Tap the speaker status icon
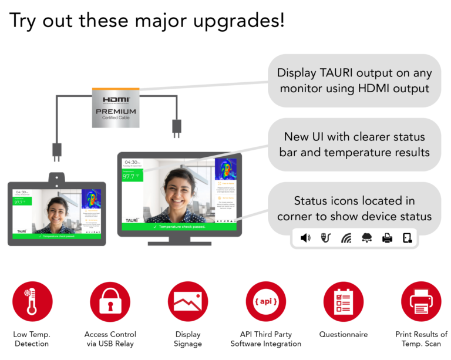(x=305, y=238)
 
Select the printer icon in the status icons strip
(x=387, y=238)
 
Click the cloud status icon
(x=366, y=238)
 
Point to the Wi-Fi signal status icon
(x=346, y=238)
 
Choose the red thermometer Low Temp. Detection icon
(x=32, y=301)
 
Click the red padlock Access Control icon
(x=110, y=301)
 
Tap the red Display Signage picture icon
(x=188, y=301)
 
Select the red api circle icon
(x=266, y=301)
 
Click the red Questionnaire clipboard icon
(x=344, y=301)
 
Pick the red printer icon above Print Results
(x=421, y=301)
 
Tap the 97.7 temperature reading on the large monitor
(x=129, y=176)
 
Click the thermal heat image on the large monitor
(x=225, y=169)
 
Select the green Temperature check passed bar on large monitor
(x=179, y=226)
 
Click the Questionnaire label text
(x=344, y=334)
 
